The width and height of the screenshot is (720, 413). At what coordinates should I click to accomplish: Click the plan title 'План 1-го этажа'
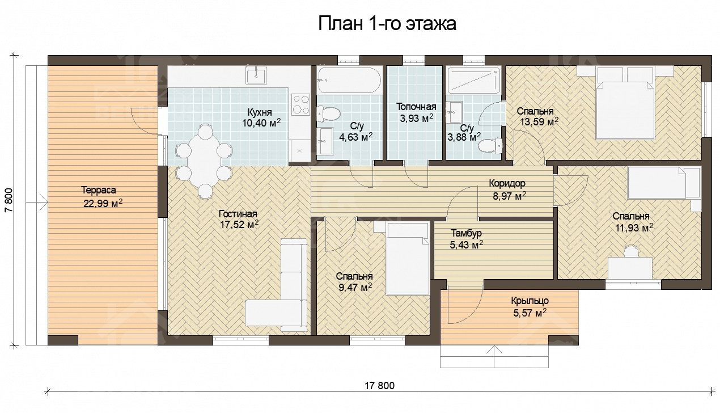click(387, 24)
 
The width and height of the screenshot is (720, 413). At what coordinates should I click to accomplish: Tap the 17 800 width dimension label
click(378, 386)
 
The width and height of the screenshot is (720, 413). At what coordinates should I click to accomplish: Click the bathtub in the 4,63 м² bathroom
click(349, 80)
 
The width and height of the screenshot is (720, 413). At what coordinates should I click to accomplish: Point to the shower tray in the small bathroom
click(473, 81)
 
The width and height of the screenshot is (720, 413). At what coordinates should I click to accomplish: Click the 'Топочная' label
click(416, 107)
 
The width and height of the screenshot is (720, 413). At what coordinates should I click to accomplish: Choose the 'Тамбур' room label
click(466, 233)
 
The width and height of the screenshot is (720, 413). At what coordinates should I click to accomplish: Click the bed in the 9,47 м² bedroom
click(407, 258)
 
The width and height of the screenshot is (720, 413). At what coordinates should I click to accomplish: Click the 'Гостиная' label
click(238, 214)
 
